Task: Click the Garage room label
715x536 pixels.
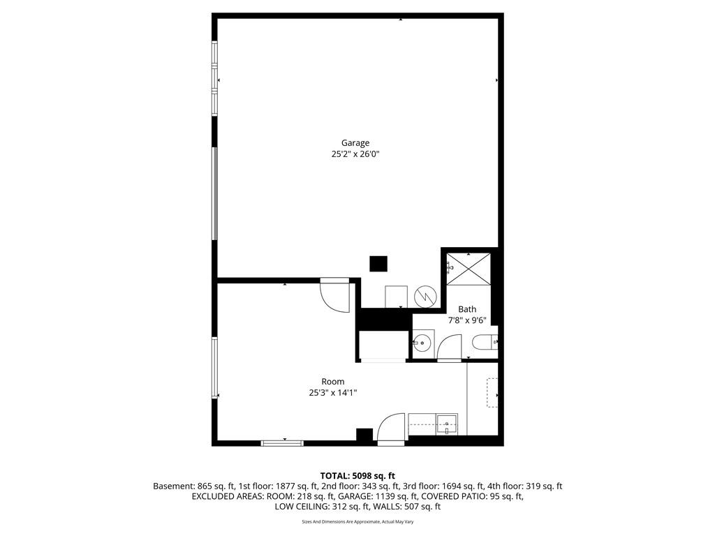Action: tap(355, 143)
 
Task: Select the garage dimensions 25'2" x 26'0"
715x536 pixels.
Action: tap(355, 154)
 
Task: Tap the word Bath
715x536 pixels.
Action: tap(467, 309)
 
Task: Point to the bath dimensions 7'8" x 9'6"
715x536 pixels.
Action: tap(467, 320)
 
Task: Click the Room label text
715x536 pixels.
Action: tap(333, 382)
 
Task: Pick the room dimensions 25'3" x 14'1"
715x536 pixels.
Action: tap(333, 392)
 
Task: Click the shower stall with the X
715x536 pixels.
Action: tap(469, 269)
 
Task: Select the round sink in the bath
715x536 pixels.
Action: tap(422, 342)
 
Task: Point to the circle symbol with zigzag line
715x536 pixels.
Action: tap(425, 297)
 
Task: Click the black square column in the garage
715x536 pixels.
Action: tap(378, 264)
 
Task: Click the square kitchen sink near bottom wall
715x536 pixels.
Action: tap(447, 424)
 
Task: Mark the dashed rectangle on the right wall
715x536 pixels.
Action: tap(492, 392)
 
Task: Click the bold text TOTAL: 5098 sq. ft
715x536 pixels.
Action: tap(357, 476)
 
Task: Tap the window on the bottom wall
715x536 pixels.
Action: tap(282, 443)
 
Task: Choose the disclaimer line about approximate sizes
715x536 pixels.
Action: tap(357, 522)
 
